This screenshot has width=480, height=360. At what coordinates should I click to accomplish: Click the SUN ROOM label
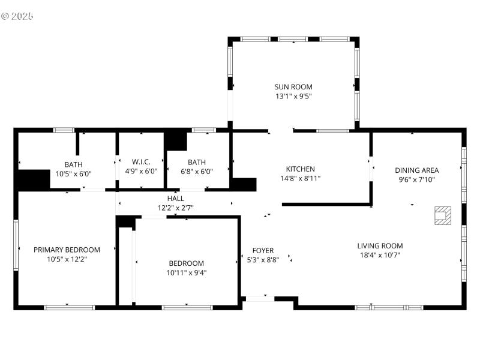point(293,87)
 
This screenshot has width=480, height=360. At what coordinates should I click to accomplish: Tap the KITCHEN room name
point(300,169)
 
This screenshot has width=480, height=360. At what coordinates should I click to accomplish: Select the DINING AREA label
point(416,170)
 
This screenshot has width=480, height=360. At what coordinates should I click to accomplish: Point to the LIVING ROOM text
point(380,245)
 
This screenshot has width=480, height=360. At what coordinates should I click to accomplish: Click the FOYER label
point(263,251)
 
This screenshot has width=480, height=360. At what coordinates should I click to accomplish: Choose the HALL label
point(176,199)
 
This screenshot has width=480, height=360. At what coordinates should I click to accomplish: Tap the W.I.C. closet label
point(140,162)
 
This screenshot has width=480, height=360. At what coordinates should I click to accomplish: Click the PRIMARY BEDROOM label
point(67,250)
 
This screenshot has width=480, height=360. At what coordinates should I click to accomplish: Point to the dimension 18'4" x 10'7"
point(380,255)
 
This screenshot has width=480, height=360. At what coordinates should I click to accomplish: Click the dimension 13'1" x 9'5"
point(293,96)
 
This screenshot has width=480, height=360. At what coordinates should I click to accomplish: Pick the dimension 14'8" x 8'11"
point(300,178)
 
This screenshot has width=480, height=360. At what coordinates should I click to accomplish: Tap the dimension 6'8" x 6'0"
point(197,171)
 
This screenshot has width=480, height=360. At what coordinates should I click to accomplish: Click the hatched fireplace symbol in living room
point(443,215)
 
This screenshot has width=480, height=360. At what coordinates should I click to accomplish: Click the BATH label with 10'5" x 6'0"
point(74,164)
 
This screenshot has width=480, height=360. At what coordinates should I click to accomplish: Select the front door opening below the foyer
point(260,298)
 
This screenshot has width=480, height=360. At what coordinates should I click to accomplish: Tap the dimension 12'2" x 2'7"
point(176,208)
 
